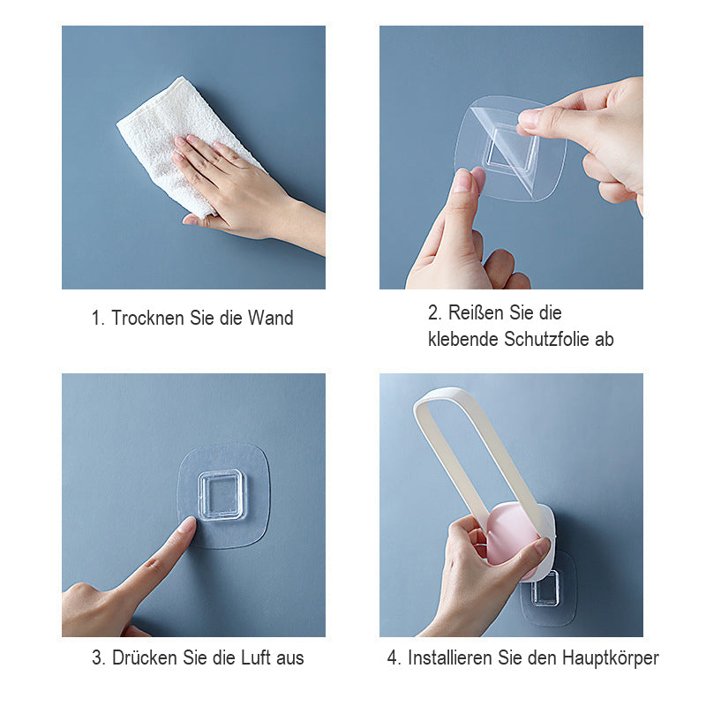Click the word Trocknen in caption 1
click(x=147, y=318)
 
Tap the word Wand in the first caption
click(x=271, y=318)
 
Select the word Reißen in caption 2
click(x=474, y=312)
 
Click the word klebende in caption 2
click(x=462, y=339)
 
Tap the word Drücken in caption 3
click(x=145, y=657)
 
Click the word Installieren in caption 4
click(x=450, y=657)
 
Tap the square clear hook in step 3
click(x=222, y=495)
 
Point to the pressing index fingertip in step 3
click(x=189, y=523)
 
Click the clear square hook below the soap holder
click(x=545, y=588)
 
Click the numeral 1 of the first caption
click(x=96, y=318)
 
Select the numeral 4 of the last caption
click(x=392, y=657)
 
